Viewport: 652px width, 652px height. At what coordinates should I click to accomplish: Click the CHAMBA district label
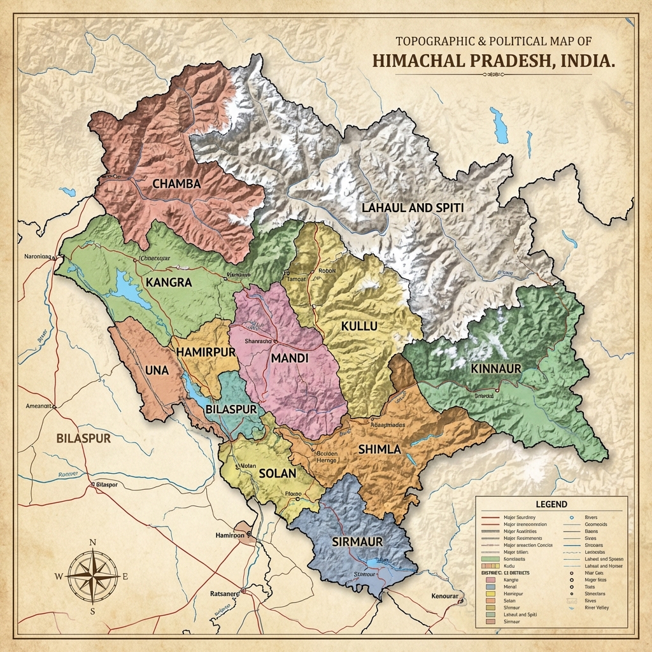(176, 183)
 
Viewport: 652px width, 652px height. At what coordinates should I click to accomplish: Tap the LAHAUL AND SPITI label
(412, 208)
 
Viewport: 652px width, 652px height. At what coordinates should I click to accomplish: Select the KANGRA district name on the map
(168, 282)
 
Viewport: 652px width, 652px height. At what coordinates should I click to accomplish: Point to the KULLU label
(359, 326)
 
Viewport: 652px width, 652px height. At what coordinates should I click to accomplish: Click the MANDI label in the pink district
(289, 358)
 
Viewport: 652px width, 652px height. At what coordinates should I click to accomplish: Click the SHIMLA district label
(379, 449)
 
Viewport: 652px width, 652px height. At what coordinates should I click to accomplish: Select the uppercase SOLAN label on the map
(278, 474)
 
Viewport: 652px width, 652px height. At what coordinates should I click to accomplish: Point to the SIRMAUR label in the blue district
(357, 541)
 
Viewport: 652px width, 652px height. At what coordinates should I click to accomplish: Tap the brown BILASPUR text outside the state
(83, 438)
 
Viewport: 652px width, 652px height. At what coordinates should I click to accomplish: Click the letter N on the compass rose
(92, 542)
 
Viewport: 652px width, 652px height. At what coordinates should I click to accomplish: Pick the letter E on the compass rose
(125, 576)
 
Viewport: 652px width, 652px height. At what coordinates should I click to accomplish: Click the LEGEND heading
(551, 504)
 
